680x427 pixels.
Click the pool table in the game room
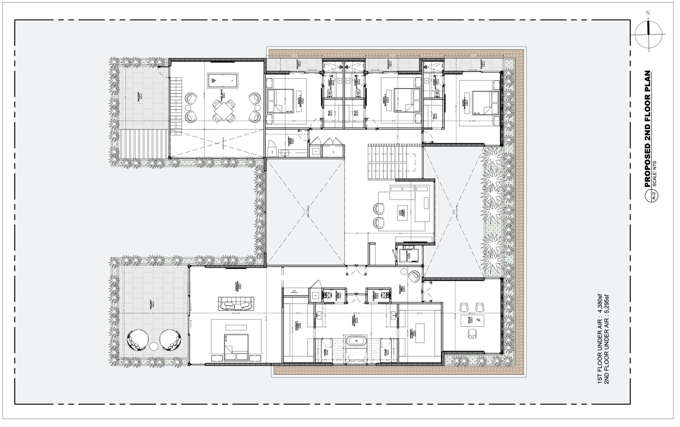(x=221, y=79)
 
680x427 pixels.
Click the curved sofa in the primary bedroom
(x=236, y=304)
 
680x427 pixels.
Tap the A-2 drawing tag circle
(x=652, y=196)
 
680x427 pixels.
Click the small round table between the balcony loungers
(x=154, y=347)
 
